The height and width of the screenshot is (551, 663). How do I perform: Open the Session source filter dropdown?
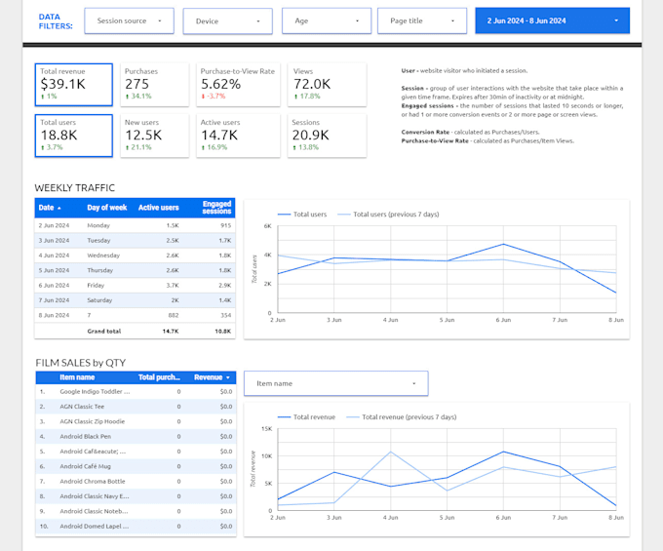tap(129, 20)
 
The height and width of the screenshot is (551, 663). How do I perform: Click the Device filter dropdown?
tap(228, 20)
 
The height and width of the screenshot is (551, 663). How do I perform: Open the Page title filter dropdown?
tap(422, 20)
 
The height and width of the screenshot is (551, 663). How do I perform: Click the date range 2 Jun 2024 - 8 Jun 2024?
tap(552, 20)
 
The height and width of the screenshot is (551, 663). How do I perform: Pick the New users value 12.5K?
tap(144, 135)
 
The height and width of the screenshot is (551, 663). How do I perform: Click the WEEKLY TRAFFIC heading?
tap(74, 187)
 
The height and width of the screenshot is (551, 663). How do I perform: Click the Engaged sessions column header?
tap(216, 208)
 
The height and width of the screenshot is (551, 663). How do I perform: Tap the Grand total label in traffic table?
tap(102, 332)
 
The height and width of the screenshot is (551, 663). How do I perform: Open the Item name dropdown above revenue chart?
tap(335, 383)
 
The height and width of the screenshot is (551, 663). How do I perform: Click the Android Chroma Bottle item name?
tap(93, 481)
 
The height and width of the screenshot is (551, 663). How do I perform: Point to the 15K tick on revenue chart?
tap(264, 428)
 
